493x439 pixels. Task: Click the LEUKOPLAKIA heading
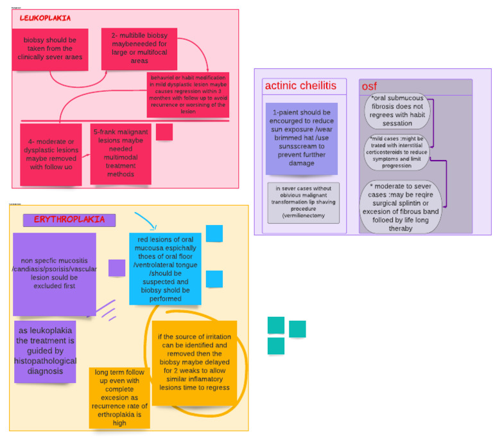pos(46,19)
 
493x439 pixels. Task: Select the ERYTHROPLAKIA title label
pos(69,220)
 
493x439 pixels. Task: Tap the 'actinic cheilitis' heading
pos(300,86)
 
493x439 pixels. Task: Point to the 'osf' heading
pos(369,86)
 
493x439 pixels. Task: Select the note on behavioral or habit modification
pos(187,94)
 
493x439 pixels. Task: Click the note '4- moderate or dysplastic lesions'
pos(50,154)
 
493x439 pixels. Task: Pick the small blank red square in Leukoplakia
pos(164,132)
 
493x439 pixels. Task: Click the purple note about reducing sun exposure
pos(301,138)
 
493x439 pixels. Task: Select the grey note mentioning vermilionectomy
pos(302,202)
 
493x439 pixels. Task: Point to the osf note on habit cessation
pos(398,111)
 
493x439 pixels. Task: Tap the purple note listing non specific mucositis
pos(54,274)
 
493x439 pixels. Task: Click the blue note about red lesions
pos(164,269)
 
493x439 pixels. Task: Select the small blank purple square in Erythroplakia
pos(116,268)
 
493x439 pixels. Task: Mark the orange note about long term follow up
pos(121,397)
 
